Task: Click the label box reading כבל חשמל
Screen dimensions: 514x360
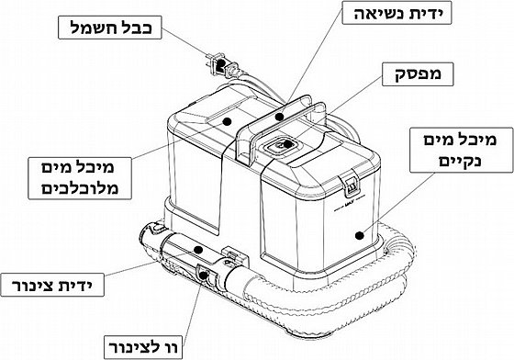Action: (110, 28)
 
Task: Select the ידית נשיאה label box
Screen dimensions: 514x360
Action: (397, 13)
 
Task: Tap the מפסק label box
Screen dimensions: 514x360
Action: (418, 74)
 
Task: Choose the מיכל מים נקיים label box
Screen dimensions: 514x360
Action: (461, 151)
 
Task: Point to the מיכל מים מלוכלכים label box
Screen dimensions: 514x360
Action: (80, 178)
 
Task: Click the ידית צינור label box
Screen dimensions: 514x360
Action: (52, 285)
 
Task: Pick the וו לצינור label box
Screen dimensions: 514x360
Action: (143, 347)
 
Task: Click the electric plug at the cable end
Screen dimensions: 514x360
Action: (218, 64)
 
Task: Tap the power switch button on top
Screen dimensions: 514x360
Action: (281, 144)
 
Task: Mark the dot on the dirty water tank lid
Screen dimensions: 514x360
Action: (227, 121)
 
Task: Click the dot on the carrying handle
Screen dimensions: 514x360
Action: (279, 117)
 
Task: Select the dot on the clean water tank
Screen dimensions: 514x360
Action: (360, 235)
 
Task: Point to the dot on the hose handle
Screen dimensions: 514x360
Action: (197, 250)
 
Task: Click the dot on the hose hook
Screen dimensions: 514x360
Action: (203, 275)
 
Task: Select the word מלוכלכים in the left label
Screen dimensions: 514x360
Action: (80, 189)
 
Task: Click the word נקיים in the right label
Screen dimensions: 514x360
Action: (461, 161)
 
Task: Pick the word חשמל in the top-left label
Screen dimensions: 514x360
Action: (92, 28)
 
